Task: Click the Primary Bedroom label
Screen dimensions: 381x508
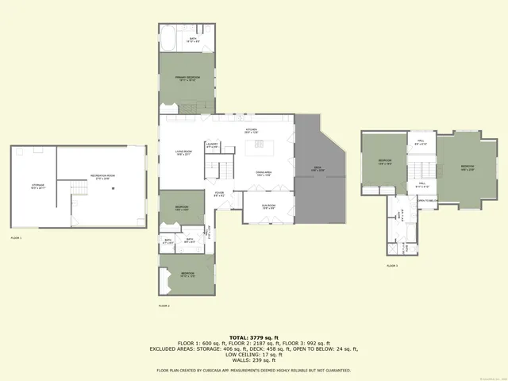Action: point(187,78)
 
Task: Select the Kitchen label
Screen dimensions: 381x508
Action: point(252,130)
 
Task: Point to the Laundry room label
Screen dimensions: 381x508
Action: point(212,146)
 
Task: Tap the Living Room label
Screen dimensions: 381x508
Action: point(184,154)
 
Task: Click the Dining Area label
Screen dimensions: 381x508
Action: point(264,173)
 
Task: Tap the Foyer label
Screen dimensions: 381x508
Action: point(219,194)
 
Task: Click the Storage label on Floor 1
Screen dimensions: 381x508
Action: point(37,187)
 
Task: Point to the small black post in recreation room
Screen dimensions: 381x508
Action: point(114,187)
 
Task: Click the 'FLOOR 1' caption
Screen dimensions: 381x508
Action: point(17,237)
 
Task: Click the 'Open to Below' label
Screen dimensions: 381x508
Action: point(427,201)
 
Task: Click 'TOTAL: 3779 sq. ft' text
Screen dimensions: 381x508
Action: point(254,337)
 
